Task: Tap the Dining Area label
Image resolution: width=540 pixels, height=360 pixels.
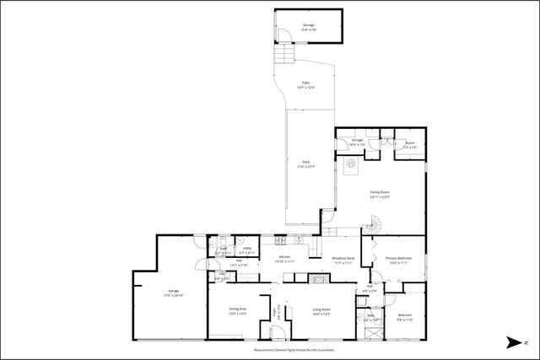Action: pyautogui.click(x=237, y=311)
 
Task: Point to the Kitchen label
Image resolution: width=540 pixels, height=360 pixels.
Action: pyautogui.click(x=285, y=258)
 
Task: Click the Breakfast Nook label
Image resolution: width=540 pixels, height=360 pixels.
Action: pyautogui.click(x=343, y=261)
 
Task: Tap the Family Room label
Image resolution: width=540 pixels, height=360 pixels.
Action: pyautogui.click(x=379, y=195)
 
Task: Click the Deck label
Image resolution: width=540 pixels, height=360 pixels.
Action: pyautogui.click(x=306, y=164)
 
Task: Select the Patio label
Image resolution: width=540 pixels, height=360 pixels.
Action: pyautogui.click(x=305, y=84)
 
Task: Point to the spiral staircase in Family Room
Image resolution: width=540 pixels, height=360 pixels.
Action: pyautogui.click(x=373, y=226)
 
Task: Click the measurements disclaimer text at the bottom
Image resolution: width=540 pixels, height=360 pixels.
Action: pyautogui.click(x=294, y=348)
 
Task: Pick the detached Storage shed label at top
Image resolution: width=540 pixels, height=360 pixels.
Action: pyautogui.click(x=309, y=28)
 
